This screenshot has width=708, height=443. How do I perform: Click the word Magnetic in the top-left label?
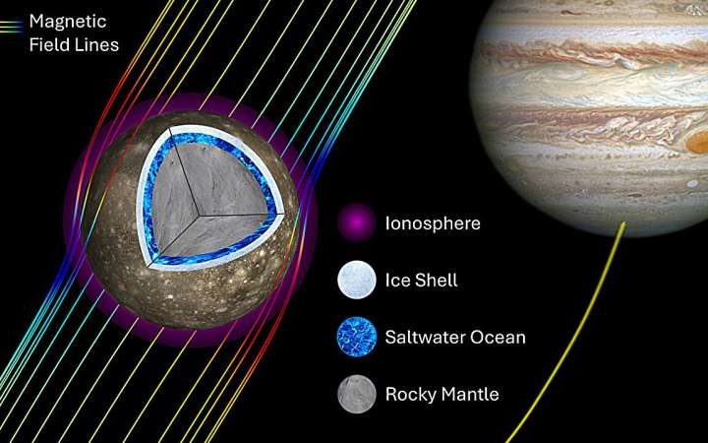pyautogui.click(x=68, y=20)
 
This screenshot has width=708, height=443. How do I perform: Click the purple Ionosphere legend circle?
pyautogui.click(x=355, y=223)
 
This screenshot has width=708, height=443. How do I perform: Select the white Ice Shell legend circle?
pyautogui.click(x=355, y=281)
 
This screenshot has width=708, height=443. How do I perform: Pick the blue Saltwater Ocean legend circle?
pyautogui.click(x=355, y=338)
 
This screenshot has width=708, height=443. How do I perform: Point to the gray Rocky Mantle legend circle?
pyautogui.click(x=355, y=395)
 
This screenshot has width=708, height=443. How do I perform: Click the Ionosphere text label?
pyautogui.click(x=432, y=223)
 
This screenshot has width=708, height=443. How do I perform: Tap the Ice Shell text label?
pyautogui.click(x=422, y=281)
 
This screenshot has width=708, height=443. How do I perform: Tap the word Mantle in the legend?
pyautogui.click(x=469, y=395)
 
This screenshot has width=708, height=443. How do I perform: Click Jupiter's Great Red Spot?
pyautogui.click(x=697, y=144)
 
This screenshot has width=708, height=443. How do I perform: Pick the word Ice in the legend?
pyautogui.click(x=396, y=281)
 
